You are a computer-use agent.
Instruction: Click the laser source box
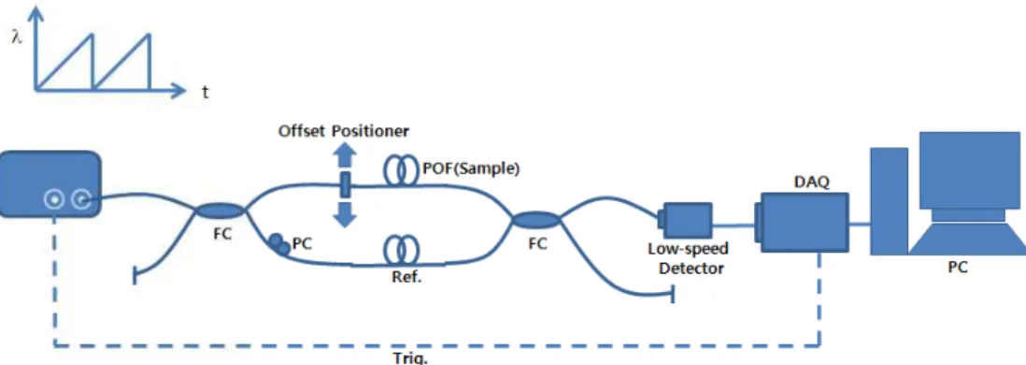(50, 183)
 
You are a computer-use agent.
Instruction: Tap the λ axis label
(17, 37)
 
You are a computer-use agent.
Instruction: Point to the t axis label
(205, 93)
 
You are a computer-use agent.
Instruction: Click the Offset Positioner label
(344, 131)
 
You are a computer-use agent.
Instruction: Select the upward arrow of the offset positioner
(345, 156)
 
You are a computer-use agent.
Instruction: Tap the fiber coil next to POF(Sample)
(401, 172)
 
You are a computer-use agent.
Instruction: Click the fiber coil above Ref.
(401, 250)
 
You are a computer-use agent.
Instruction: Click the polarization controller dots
(278, 243)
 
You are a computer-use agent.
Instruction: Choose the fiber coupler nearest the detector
(536, 220)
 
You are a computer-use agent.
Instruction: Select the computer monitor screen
(970, 169)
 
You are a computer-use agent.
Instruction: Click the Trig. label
(411, 358)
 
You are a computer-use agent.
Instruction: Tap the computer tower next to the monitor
(889, 200)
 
